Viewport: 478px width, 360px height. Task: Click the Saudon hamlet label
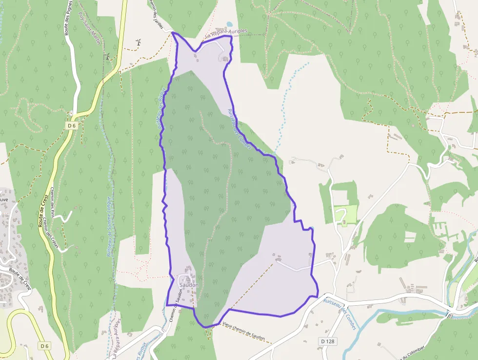click(x=189, y=285)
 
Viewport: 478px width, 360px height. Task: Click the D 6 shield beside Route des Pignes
click(x=72, y=126)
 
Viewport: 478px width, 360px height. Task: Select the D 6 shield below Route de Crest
click(x=45, y=346)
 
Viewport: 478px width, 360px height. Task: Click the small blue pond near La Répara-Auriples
click(x=229, y=24)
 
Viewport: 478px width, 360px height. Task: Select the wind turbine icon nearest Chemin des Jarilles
click(x=139, y=42)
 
